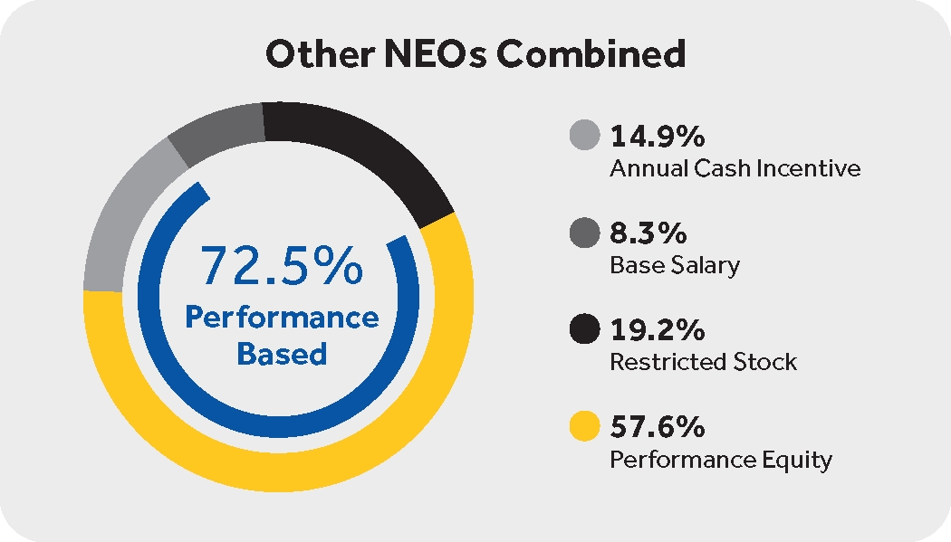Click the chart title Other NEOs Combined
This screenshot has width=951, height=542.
pyautogui.click(x=475, y=54)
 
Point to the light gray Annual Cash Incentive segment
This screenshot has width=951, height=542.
pyautogui.click(x=122, y=217)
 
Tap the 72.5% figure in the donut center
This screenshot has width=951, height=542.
pyautogui.click(x=282, y=266)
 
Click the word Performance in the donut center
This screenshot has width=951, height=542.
pyautogui.click(x=282, y=318)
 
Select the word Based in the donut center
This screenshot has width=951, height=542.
pyautogui.click(x=282, y=353)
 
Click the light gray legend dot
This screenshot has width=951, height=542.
pyautogui.click(x=585, y=138)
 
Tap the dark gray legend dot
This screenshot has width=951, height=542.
pyautogui.click(x=585, y=234)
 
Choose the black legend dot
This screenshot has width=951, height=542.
pyautogui.click(x=585, y=330)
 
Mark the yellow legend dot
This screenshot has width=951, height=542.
pyautogui.click(x=585, y=426)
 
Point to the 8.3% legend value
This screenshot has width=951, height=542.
pyautogui.click(x=648, y=234)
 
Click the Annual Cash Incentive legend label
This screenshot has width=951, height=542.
pyautogui.click(x=735, y=169)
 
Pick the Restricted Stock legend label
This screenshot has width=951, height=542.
pyautogui.click(x=703, y=362)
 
